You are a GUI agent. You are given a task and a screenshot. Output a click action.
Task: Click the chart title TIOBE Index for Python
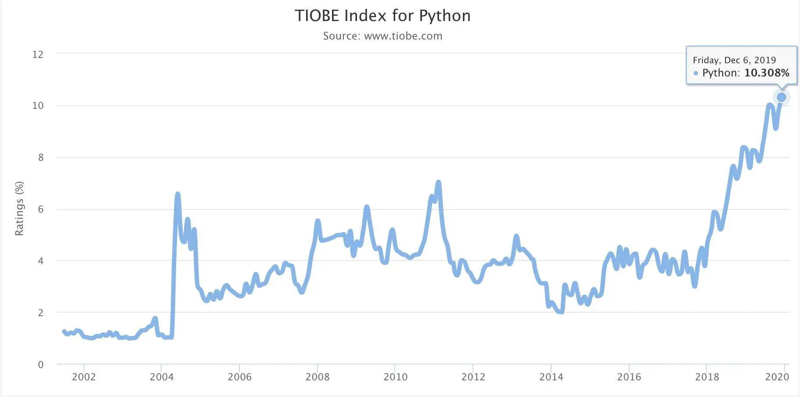pyautogui.click(x=382, y=16)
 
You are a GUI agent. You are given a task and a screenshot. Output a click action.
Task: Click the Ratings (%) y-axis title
pyautogui.click(x=19, y=209)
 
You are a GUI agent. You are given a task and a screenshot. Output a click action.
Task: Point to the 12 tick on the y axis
pyautogui.click(x=38, y=54)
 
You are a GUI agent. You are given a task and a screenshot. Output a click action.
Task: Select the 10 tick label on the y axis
pyautogui.click(x=38, y=105)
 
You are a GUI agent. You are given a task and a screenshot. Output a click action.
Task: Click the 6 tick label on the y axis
pyautogui.click(x=41, y=209)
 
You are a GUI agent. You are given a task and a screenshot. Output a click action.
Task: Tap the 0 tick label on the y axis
pyautogui.click(x=41, y=365)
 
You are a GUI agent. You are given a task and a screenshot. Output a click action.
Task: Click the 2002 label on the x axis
pyautogui.click(x=83, y=377)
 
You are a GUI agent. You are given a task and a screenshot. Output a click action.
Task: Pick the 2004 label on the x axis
pyautogui.click(x=162, y=377)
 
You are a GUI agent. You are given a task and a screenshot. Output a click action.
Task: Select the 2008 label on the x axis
pyautogui.click(x=317, y=377)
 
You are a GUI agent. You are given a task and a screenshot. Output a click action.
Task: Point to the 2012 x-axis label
pyautogui.click(x=473, y=377)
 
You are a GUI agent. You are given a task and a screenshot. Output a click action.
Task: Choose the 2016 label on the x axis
pyautogui.click(x=629, y=377)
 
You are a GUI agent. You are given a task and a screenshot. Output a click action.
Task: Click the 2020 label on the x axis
pyautogui.click(x=777, y=377)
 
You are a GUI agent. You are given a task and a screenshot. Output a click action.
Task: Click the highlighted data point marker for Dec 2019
pyautogui.click(x=782, y=97)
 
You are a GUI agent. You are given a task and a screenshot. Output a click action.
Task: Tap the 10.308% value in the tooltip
pyautogui.click(x=767, y=73)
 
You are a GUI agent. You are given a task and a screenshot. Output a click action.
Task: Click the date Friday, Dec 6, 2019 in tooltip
pyautogui.click(x=734, y=60)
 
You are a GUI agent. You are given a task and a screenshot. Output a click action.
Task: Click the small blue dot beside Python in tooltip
pyautogui.click(x=696, y=73)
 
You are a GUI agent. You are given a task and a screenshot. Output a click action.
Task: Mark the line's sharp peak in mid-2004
pyautogui.click(x=177, y=194)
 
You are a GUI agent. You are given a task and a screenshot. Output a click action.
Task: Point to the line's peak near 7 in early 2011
pyautogui.click(x=438, y=182)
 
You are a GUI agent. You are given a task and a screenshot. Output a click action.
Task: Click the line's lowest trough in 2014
pyautogui.click(x=561, y=311)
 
